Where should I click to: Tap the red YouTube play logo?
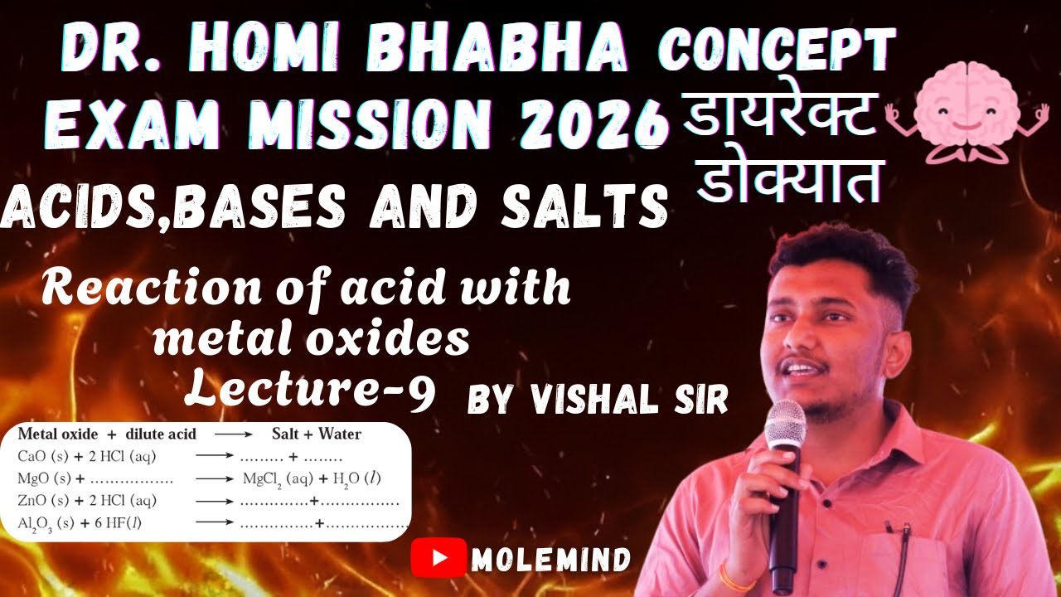tap(438, 559)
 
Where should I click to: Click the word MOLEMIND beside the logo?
tap(550, 560)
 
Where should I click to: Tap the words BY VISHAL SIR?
tap(598, 400)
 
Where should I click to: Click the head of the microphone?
tap(784, 425)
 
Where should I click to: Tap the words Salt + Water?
tap(317, 434)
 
